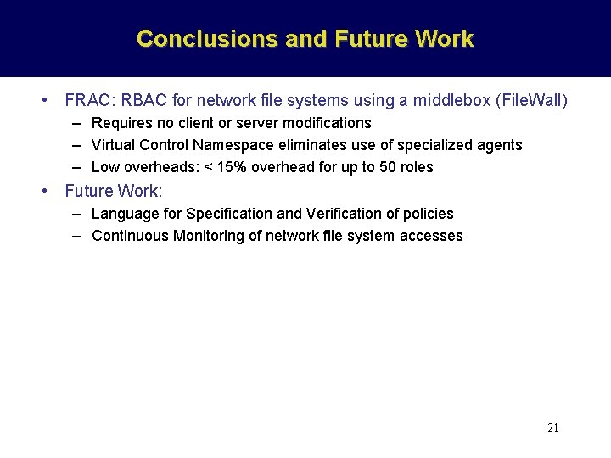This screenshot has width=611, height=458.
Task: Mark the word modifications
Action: (x=326, y=124)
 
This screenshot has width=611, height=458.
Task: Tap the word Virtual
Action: (x=115, y=145)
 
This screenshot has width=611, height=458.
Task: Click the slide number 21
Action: (x=552, y=427)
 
